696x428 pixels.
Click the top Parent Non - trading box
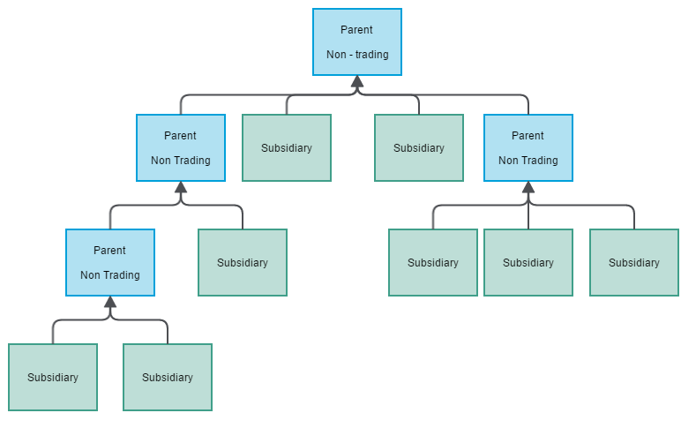357,41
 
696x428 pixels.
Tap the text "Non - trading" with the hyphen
357,54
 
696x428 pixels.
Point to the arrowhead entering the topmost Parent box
357,82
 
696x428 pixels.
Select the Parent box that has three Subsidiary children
528,147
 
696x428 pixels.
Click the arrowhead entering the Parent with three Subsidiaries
528,187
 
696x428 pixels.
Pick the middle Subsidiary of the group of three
528,262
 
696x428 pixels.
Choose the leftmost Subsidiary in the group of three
433,262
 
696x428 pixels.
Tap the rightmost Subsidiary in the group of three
634,262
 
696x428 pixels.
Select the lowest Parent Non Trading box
110,262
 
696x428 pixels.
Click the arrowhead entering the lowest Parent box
110,302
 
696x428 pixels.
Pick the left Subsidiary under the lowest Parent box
53,377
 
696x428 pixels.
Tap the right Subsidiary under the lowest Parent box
168,377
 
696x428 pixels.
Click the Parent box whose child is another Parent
181,147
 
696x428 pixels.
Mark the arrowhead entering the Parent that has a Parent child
181,187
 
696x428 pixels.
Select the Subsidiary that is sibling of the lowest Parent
243,262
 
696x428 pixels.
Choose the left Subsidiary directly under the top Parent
287,147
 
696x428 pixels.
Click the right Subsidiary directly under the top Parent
419,147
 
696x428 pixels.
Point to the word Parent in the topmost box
357,30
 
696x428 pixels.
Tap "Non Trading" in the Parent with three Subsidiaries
528,161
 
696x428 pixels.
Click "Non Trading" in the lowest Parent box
110,275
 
